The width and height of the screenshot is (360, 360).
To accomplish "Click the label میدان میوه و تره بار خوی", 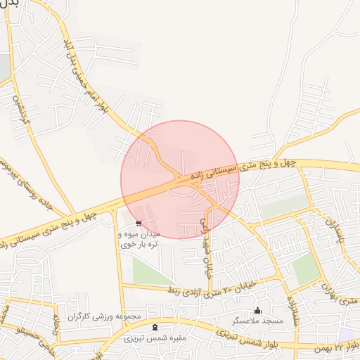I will tap(140, 240).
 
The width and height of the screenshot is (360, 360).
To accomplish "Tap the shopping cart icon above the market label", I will tap(138, 224).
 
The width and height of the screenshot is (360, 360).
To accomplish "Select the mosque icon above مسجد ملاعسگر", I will tap(257, 310).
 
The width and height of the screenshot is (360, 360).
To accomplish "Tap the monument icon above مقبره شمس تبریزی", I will tap(155, 328).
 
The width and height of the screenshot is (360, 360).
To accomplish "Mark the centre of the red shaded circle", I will tap(180, 179).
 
